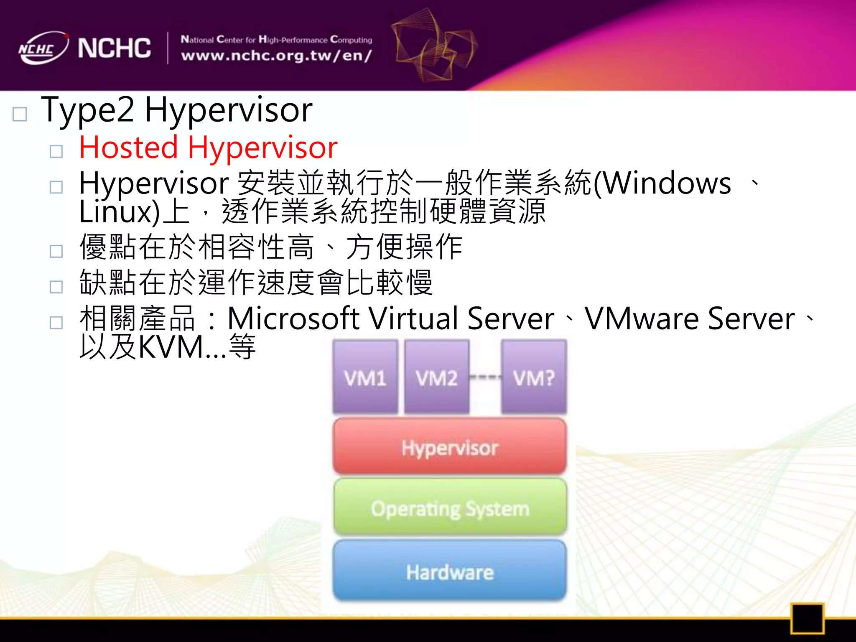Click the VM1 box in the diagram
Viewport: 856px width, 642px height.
365,377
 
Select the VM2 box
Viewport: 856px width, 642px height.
436,377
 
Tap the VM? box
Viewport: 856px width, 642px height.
534,377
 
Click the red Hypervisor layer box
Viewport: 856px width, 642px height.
450,447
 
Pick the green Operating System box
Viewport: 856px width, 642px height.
450,507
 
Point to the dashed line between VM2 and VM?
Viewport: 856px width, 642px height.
485,377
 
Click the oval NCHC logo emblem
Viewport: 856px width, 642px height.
43,48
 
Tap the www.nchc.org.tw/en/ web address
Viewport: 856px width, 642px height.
276,56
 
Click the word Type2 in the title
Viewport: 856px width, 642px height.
88,110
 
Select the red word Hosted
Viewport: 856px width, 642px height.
129,148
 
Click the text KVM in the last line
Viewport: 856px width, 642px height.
171,347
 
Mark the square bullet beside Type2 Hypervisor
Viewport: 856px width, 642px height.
20,114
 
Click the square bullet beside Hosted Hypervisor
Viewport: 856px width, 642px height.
56,151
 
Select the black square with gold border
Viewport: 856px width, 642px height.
807,618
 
